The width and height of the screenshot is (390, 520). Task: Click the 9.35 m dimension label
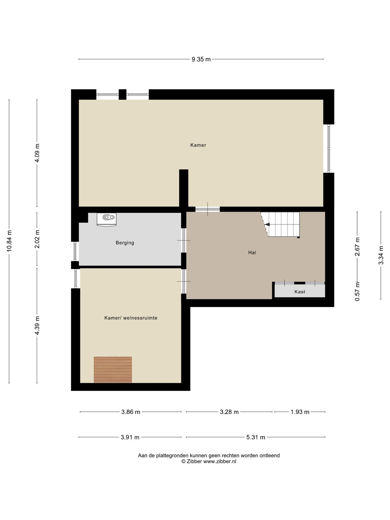pos(201,59)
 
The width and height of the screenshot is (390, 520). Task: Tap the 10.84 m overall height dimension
pos(9,241)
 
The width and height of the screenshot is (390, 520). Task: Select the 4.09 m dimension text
pos(37,153)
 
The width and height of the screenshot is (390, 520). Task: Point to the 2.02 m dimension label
pos(37,239)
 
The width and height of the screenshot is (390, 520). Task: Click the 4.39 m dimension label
pos(37,325)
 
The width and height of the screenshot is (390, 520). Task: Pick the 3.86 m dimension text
pos(131,392)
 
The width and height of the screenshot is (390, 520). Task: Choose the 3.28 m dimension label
pos(229,392)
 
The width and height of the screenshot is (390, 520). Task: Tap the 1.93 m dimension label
pos(300,392)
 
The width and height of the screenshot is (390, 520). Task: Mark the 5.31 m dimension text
pos(256,417)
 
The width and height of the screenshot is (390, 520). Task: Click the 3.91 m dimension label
pos(130,417)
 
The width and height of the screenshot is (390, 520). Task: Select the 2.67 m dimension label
pos(357,247)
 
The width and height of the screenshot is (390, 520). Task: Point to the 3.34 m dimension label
pos(381,255)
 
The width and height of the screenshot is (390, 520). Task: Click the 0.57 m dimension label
pos(357,291)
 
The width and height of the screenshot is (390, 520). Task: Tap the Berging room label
pos(125,243)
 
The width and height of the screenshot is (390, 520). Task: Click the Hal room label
pos(252,252)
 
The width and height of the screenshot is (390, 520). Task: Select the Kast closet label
pos(300,292)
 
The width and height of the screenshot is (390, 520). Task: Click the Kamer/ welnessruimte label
pos(131,318)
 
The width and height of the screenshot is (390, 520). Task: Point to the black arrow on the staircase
pos(267,224)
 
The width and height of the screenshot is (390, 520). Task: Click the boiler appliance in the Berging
pos(107,220)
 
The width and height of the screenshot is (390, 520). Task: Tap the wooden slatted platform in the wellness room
pos(113,369)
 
